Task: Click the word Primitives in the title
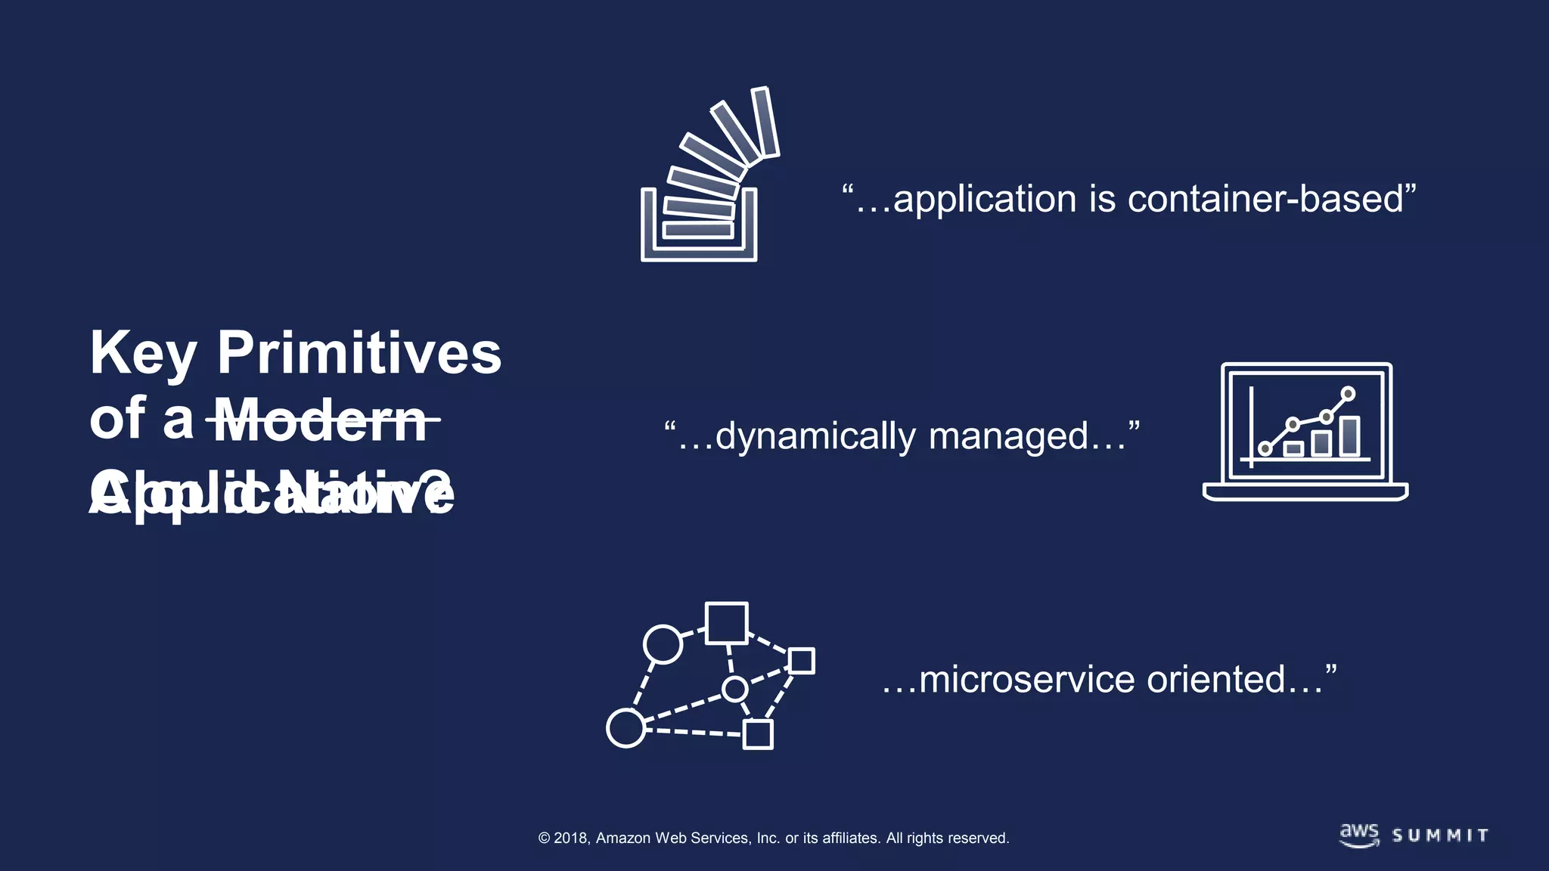(x=359, y=353)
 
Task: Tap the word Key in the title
(x=143, y=353)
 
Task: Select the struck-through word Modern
(x=323, y=420)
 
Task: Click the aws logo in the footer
(x=1359, y=835)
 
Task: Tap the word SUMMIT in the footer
(x=1440, y=836)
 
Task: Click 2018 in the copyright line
(x=571, y=838)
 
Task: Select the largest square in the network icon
(x=726, y=623)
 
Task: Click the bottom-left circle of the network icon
(x=625, y=728)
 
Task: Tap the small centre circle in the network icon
(x=734, y=689)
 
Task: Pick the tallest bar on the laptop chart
(x=1349, y=436)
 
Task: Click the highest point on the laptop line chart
(x=1348, y=393)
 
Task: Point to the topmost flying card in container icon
(x=765, y=122)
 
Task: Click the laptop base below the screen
(x=1305, y=492)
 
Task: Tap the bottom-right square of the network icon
(x=757, y=734)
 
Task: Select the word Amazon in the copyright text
(x=623, y=838)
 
